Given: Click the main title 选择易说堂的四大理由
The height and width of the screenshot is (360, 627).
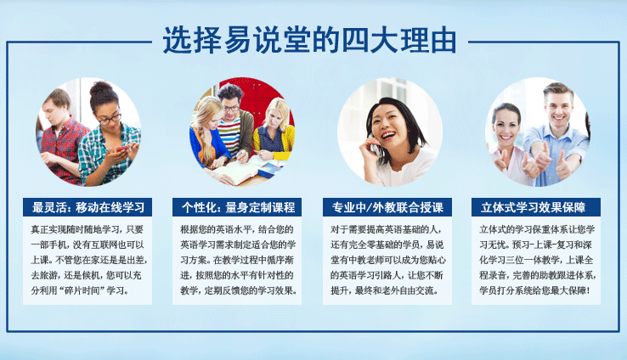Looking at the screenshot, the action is coord(309,41).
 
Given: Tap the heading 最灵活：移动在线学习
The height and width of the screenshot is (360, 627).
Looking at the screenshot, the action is coord(88,207).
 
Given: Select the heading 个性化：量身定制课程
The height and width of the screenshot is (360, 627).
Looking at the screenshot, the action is coord(239,207).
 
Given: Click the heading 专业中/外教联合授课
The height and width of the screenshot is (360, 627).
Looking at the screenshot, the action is coord(387,207).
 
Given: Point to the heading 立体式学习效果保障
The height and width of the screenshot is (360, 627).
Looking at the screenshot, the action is coord(534,207).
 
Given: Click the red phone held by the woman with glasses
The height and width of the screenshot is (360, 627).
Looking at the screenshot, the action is coord(122,149).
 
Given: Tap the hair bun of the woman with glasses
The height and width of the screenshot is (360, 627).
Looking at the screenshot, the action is coord(101,88).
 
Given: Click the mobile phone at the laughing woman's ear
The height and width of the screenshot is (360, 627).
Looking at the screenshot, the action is coord(374,145).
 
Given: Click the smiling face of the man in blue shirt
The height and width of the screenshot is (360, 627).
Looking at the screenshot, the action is coord(559,107).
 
